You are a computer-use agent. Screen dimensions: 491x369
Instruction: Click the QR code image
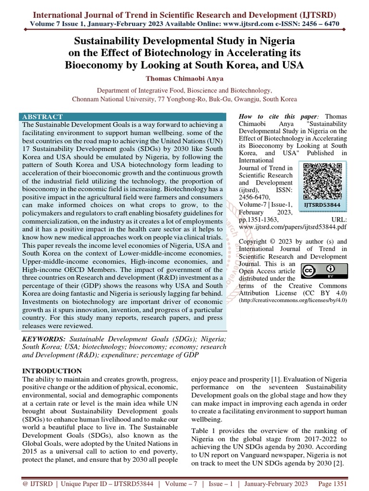pyautogui.click(x=323, y=180)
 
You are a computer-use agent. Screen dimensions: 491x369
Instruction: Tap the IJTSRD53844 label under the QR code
pyautogui.click(x=323, y=205)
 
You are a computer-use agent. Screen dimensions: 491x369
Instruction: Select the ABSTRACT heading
pyautogui.click(x=43, y=117)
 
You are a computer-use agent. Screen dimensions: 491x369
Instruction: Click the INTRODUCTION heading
pyautogui.click(x=52, y=371)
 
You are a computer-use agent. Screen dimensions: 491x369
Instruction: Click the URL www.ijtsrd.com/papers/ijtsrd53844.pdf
pyautogui.click(x=292, y=226)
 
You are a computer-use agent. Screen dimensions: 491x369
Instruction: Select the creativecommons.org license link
pyautogui.click(x=292, y=300)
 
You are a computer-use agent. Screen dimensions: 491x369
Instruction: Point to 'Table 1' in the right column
pyautogui.click(x=203, y=431)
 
